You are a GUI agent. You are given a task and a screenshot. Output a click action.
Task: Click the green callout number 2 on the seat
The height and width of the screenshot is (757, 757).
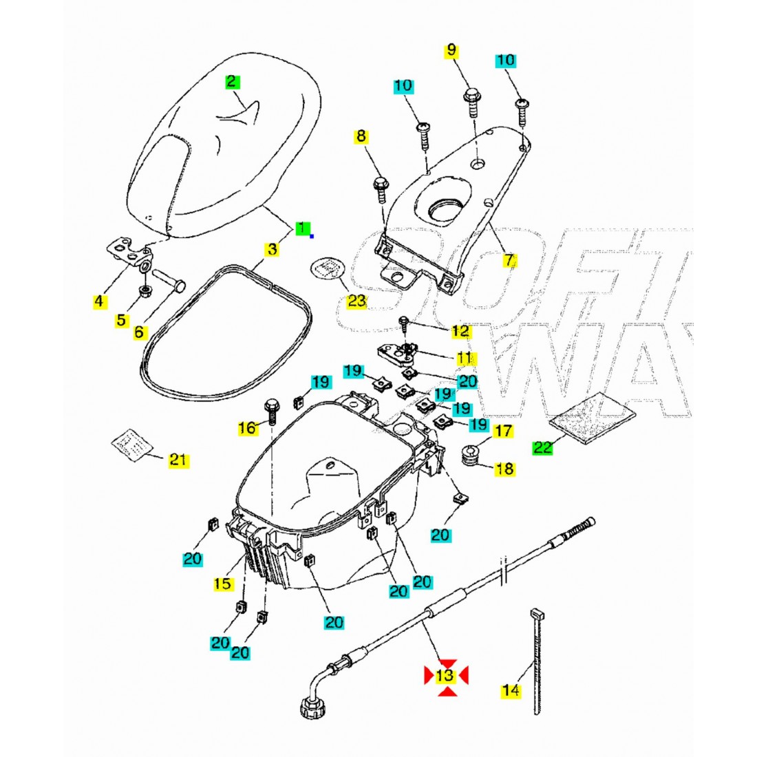(232, 82)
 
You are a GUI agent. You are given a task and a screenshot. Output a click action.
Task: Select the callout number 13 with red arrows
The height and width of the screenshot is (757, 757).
(446, 675)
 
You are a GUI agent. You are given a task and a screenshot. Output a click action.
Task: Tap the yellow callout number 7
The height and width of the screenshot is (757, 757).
(509, 260)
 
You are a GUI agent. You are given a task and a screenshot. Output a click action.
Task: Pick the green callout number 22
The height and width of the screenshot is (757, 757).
(542, 447)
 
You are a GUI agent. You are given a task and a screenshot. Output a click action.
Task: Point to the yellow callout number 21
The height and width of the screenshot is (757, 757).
(178, 460)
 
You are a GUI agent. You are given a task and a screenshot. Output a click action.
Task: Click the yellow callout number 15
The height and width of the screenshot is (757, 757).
(223, 584)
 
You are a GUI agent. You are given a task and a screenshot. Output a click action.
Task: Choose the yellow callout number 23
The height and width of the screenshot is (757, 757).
(356, 300)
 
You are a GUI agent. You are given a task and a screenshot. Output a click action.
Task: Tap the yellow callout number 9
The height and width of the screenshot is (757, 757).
(451, 50)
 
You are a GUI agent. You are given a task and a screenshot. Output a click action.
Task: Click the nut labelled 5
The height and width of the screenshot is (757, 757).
(146, 291)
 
